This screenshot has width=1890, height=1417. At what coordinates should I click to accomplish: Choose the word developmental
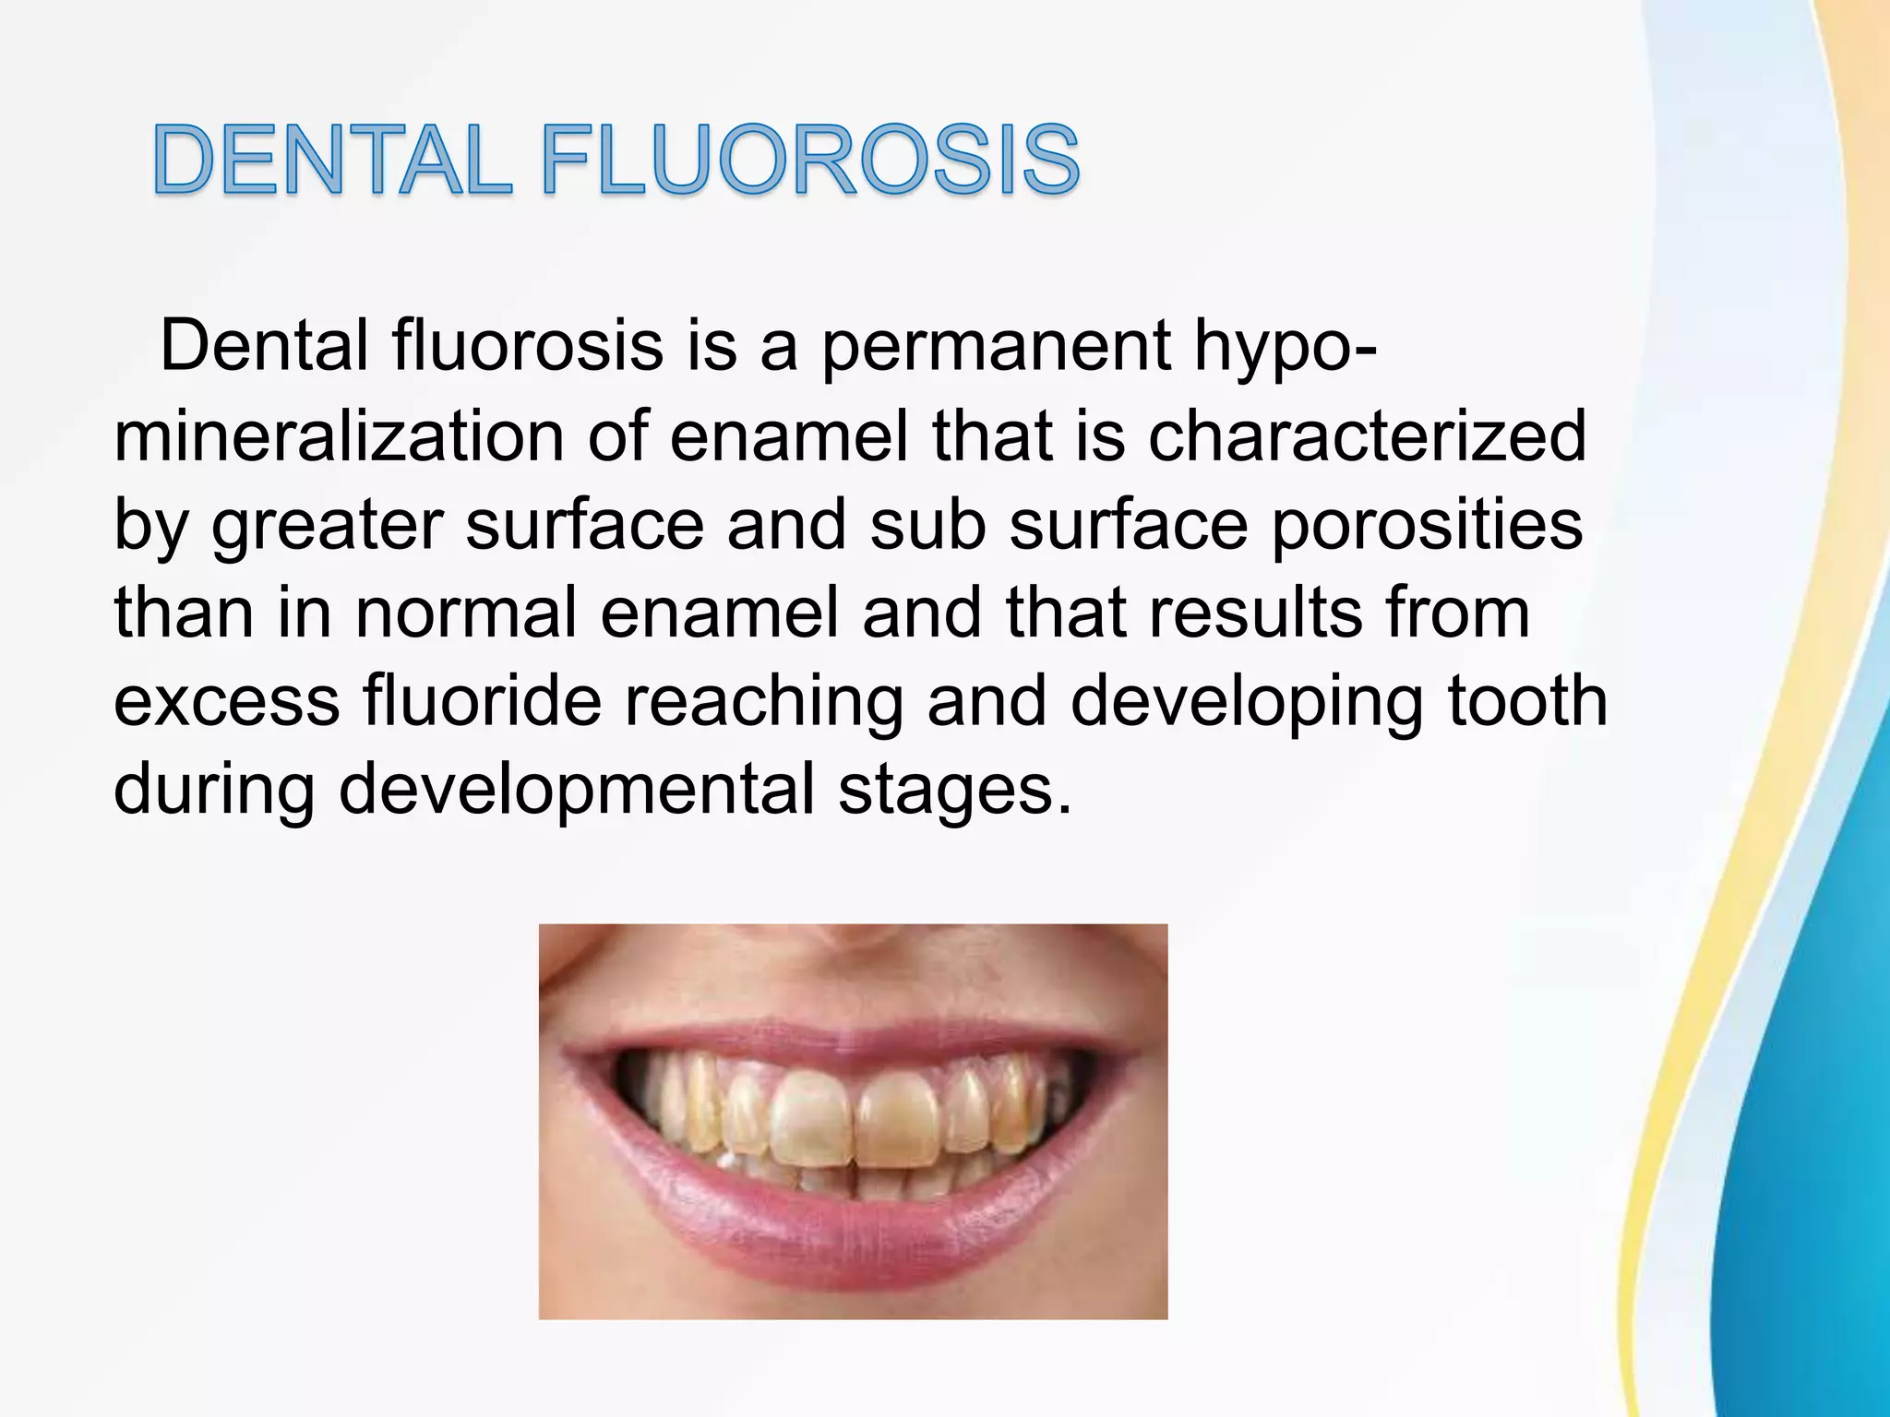pos(577,790)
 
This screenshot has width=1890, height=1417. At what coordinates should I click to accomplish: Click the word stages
pos(955,790)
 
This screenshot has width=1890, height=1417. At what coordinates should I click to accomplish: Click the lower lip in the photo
pos(854,1227)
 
